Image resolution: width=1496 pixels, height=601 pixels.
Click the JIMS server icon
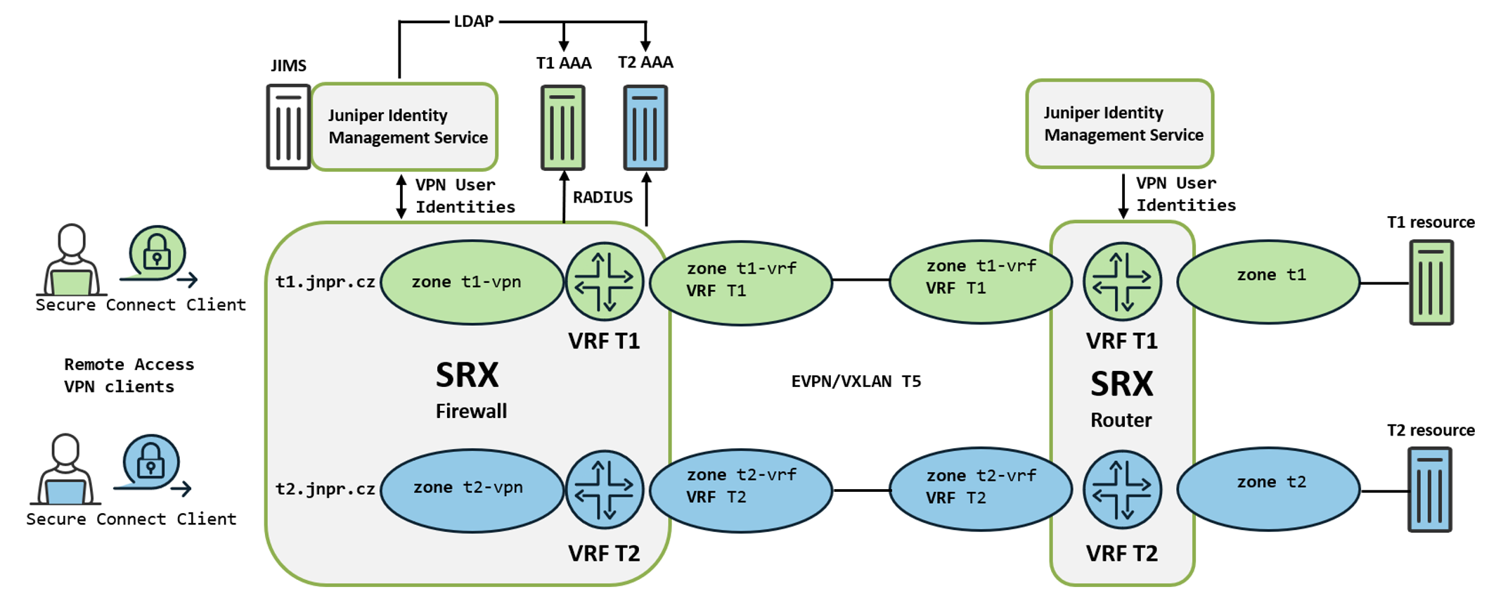pos(288,127)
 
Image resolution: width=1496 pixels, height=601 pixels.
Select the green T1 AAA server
pos(562,128)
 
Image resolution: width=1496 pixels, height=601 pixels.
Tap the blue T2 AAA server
pos(645,128)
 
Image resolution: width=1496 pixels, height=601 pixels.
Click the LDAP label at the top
pos(473,22)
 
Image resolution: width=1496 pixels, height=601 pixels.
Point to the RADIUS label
pos(602,198)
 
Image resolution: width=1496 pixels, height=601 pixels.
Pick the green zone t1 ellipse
pos(1268,281)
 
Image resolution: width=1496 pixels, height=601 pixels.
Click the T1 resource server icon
pos(1431,282)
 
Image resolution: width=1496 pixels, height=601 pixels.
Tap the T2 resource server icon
pos(1429,490)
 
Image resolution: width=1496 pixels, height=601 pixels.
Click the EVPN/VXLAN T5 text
pos(856,381)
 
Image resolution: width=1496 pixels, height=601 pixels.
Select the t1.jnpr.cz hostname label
pos(325,282)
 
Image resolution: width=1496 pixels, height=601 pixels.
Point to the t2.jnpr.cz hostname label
pos(325,489)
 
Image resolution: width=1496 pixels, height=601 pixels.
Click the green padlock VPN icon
pos(157,254)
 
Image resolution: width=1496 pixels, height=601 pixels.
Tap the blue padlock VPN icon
pos(150,462)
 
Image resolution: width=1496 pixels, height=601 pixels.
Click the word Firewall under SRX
pos(471,412)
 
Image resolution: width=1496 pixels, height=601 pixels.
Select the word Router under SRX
pos(1121,420)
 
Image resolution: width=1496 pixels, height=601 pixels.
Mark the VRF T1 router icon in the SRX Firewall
pos(605,281)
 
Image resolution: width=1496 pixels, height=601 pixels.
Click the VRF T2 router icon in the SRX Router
pos(1122,490)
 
